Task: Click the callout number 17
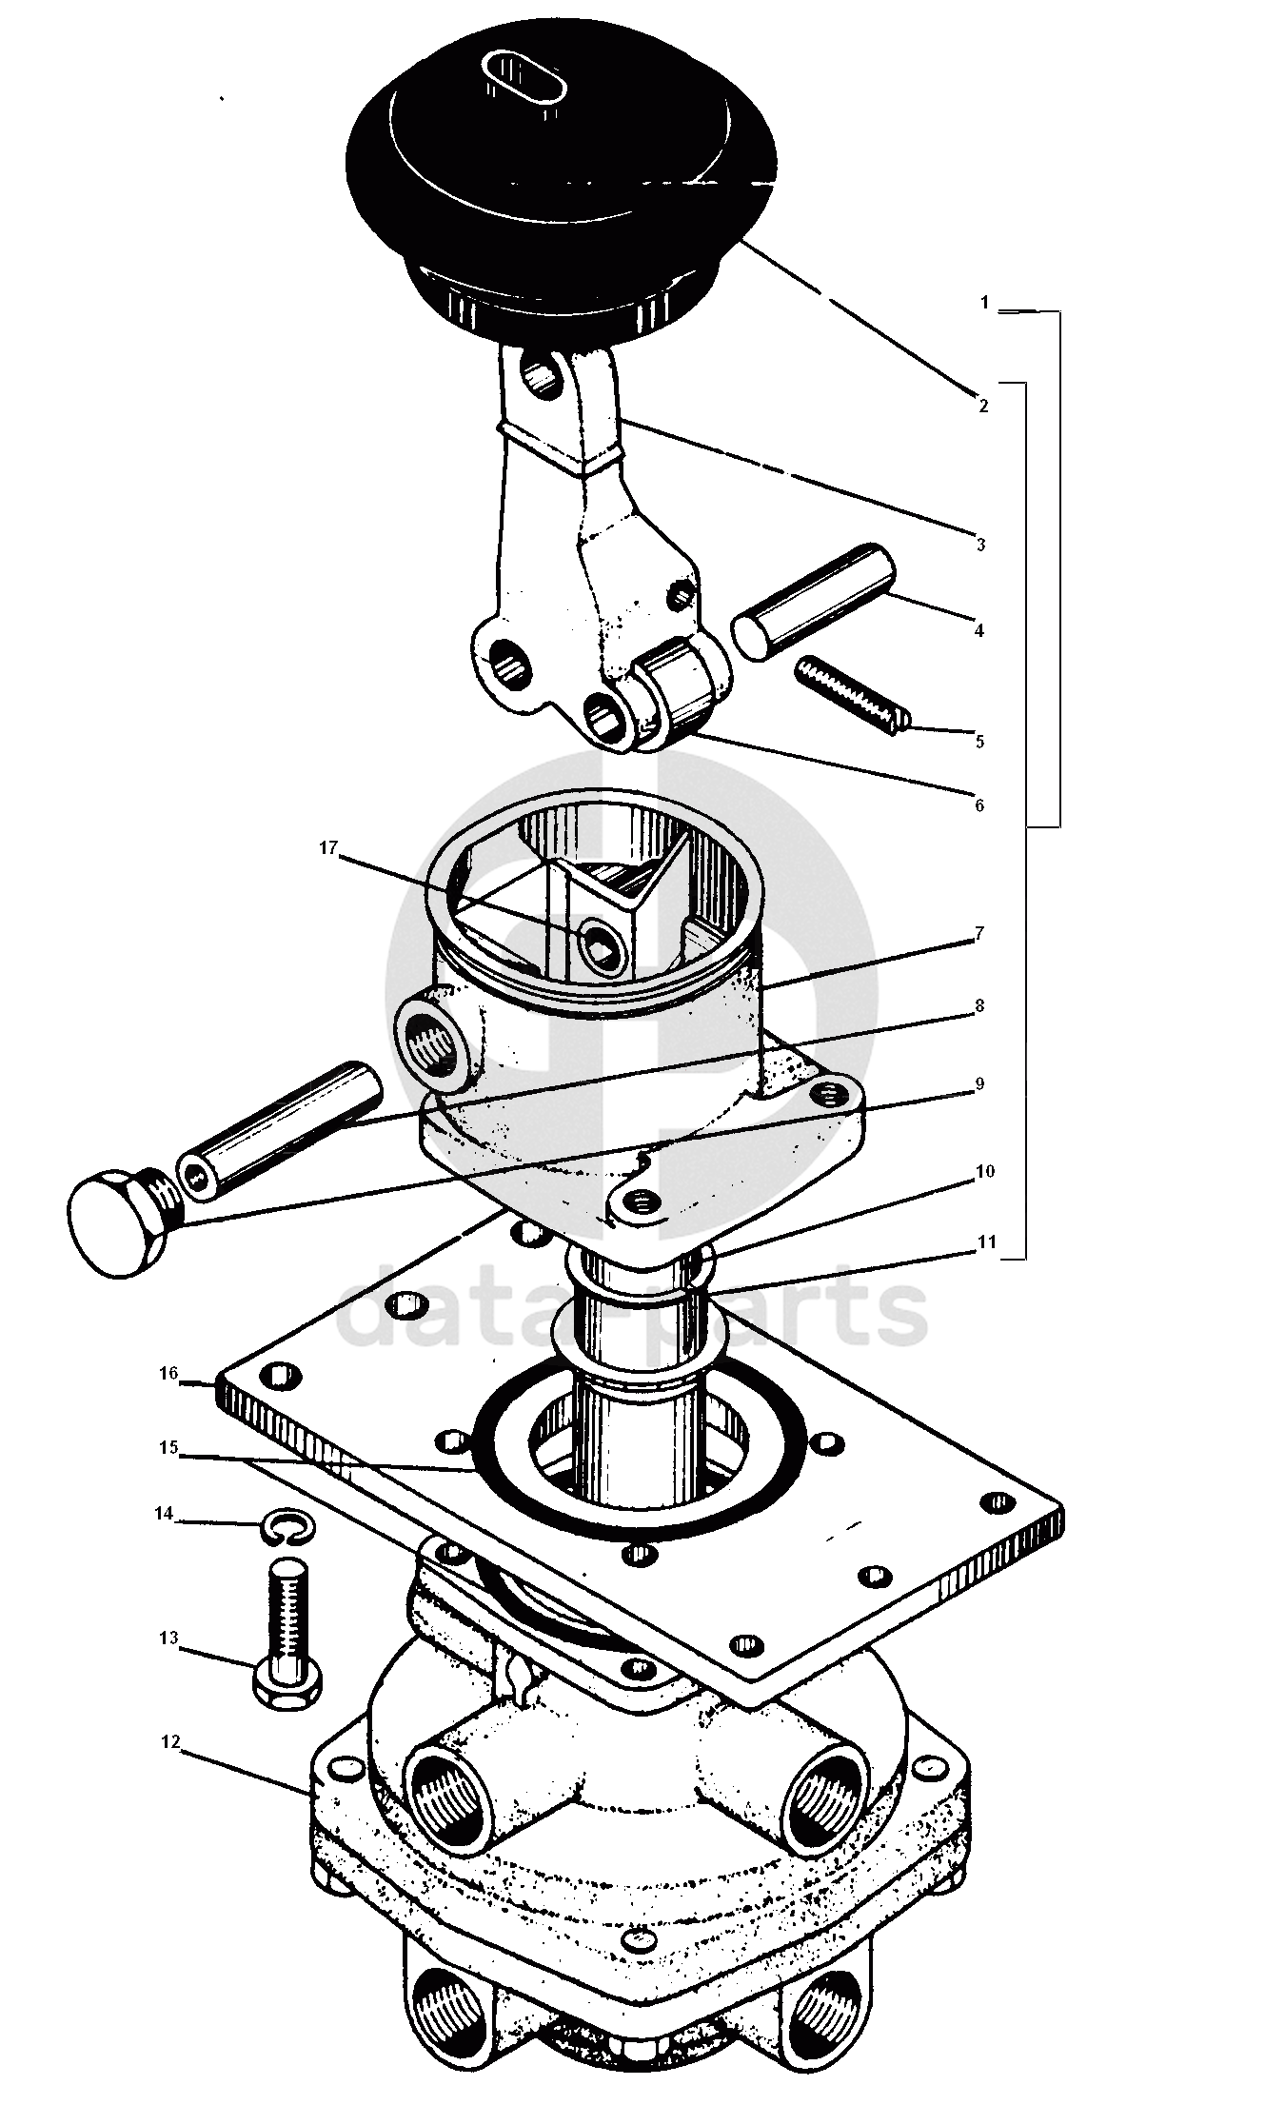coord(327,848)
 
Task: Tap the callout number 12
coord(170,1742)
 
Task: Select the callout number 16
coord(168,1374)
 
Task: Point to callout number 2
coord(983,406)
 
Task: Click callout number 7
coord(978,934)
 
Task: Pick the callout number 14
coord(165,1514)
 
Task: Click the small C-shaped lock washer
coord(283,1529)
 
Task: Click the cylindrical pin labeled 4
coord(814,603)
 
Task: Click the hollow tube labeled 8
coord(281,1124)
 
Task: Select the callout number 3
coord(979,545)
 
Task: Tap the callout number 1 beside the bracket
coord(985,303)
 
